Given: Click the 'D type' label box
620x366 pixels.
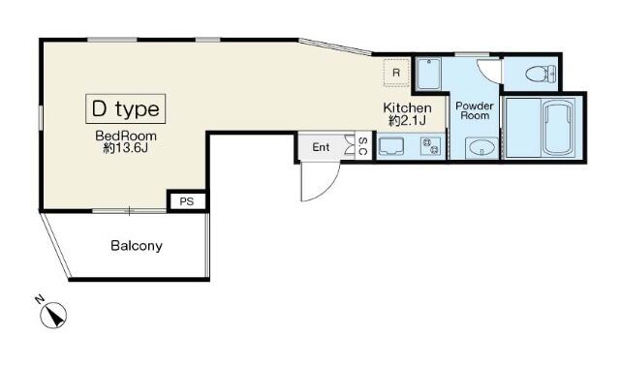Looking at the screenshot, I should [126, 108].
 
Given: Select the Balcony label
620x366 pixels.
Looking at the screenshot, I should [136, 246].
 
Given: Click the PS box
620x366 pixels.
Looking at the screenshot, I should [187, 201].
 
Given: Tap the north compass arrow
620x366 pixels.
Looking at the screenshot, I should [54, 315].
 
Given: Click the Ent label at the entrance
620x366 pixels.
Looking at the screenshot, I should [321, 147].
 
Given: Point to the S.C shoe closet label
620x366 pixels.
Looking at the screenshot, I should [362, 146].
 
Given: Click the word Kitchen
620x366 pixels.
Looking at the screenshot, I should [407, 107].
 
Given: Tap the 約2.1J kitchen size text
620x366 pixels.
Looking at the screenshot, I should [408, 121].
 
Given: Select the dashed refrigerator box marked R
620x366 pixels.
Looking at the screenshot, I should [396, 73].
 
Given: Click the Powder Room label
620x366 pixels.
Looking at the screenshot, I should [475, 109].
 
